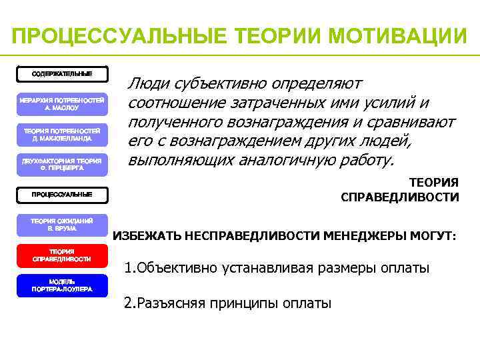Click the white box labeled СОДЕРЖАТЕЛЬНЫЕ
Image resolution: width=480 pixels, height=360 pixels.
pos(62,73)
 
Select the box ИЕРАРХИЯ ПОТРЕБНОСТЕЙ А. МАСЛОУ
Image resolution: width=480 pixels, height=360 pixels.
pos(62,103)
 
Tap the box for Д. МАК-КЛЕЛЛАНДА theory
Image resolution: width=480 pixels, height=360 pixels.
pos(62,135)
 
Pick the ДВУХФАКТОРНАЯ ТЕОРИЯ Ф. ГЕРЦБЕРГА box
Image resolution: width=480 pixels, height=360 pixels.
pos(62,164)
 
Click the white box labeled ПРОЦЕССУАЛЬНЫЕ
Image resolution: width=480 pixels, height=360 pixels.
pos(62,195)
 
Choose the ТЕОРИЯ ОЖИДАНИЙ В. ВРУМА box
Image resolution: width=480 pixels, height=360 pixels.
pos(62,224)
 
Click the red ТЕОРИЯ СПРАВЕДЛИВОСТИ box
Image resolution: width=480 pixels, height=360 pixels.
pos(62,255)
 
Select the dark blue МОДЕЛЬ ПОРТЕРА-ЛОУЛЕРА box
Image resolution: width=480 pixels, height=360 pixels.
pos(62,285)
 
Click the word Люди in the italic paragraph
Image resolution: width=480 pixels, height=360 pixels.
pos(147,85)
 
